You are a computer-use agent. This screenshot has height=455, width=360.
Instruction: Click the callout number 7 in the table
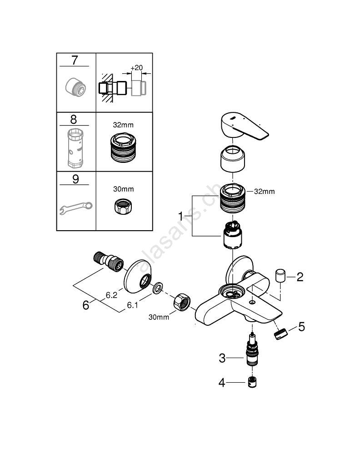[75, 60]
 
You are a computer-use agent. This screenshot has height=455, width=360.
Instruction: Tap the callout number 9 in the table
[75, 179]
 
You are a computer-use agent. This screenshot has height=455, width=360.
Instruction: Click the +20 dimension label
[136, 68]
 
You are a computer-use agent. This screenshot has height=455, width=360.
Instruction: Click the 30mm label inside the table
[124, 189]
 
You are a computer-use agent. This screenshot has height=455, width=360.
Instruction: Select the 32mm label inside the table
[124, 124]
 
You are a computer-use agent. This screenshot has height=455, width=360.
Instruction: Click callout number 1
[180, 214]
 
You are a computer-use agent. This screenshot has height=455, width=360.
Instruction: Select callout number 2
[300, 277]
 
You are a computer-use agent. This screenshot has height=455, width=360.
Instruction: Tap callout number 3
[222, 358]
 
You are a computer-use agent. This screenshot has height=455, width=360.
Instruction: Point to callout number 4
[222, 383]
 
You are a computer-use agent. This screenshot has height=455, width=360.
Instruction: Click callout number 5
[301, 327]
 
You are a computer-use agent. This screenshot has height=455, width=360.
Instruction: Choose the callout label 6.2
[112, 295]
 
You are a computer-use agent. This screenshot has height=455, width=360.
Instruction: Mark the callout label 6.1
[132, 306]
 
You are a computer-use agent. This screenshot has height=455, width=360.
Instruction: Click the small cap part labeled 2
[280, 276]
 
